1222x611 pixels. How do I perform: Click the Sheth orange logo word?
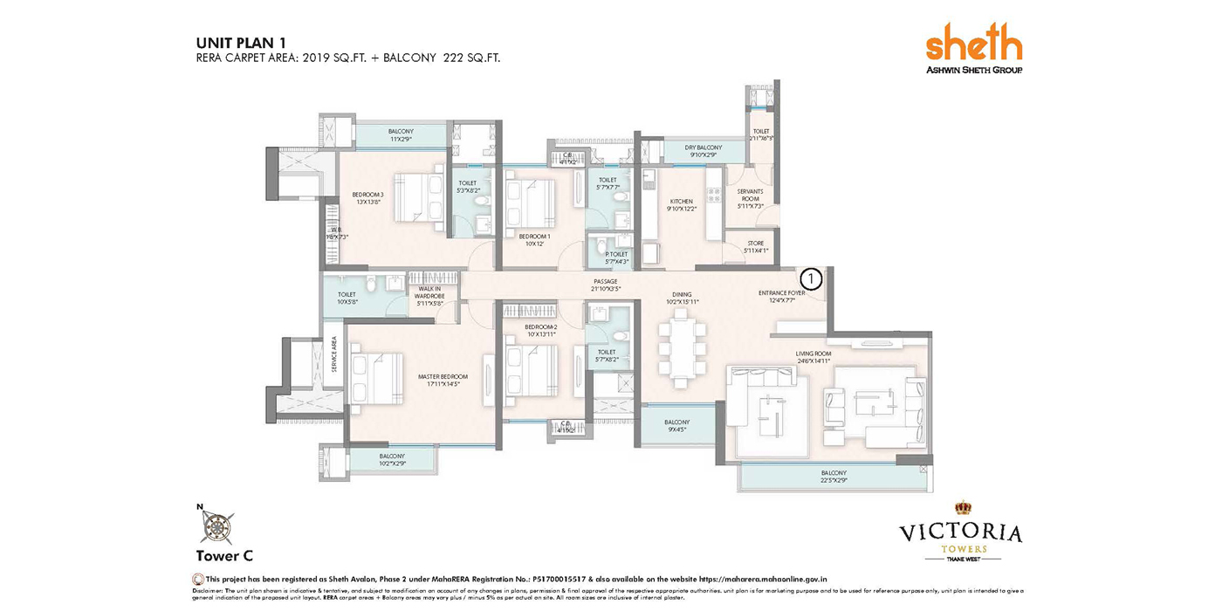click(972, 43)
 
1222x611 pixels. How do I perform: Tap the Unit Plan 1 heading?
click(242, 42)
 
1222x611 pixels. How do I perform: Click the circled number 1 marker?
click(811, 278)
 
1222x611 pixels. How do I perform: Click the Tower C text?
click(224, 555)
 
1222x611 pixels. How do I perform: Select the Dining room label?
click(683, 299)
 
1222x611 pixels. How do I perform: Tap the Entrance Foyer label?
click(781, 297)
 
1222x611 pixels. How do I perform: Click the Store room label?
click(756, 247)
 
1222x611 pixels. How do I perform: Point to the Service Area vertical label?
click(333, 356)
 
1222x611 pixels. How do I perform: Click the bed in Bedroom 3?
click(420, 197)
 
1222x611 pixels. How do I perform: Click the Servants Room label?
click(750, 198)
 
